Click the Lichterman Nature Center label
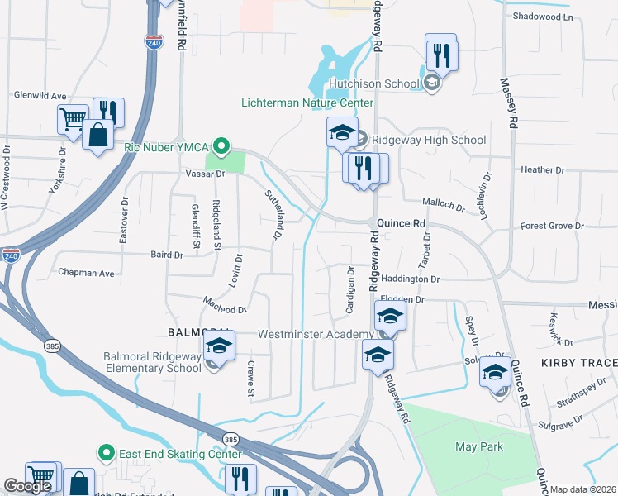(x=307, y=103)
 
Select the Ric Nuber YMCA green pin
(x=221, y=147)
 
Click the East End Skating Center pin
(x=106, y=453)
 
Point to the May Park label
(x=479, y=446)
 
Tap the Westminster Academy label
(x=316, y=334)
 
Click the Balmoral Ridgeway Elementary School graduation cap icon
(x=220, y=346)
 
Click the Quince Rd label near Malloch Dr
(x=401, y=223)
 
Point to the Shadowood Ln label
(x=542, y=17)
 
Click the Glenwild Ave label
(x=40, y=96)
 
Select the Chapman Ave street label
(x=86, y=272)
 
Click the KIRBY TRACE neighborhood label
(x=579, y=364)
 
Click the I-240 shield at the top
(x=154, y=42)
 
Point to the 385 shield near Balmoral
(x=52, y=345)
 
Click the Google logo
(x=26, y=486)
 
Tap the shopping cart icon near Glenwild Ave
(x=73, y=119)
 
